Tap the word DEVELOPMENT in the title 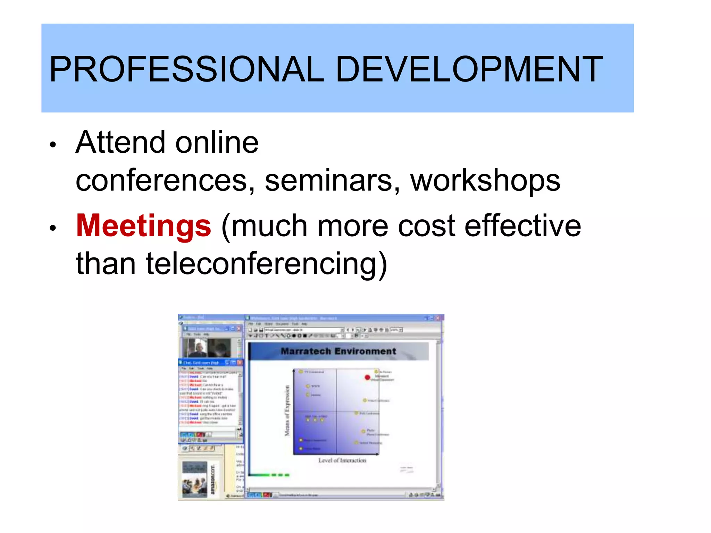(469, 69)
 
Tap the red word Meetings (143, 226)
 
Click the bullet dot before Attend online (53, 144)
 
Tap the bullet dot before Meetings (53, 228)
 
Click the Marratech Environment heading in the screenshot (338, 352)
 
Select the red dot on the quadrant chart (367, 378)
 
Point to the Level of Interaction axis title (342, 460)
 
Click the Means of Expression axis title (287, 411)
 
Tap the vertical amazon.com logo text (213, 480)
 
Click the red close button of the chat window (240, 363)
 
